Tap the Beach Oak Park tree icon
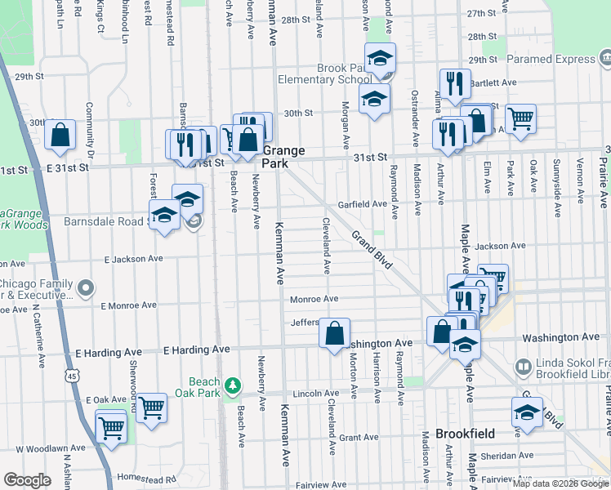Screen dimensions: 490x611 click(x=233, y=384)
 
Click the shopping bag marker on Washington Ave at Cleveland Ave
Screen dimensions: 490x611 click(x=334, y=333)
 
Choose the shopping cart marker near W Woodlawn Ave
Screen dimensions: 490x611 click(x=110, y=425)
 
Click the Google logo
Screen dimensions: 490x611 click(x=27, y=480)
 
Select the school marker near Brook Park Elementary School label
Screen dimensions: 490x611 click(x=380, y=59)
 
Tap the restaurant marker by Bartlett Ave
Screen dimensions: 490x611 click(x=454, y=83)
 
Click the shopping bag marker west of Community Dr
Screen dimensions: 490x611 click(x=60, y=136)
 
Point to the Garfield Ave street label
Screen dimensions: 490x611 click(x=363, y=204)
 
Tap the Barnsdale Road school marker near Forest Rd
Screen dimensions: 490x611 click(x=164, y=216)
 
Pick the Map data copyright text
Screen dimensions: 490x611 click(x=560, y=483)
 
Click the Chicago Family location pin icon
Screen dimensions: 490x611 click(x=86, y=287)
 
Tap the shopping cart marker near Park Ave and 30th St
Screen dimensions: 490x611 click(x=520, y=118)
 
